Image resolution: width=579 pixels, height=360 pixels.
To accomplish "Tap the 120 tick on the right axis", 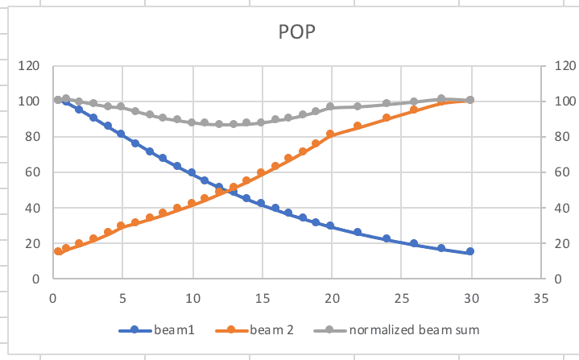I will pos(562,66).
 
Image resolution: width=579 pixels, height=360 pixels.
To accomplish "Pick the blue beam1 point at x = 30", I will pos(470,251).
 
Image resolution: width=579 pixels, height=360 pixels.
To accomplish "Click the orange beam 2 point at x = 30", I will pos(470,100).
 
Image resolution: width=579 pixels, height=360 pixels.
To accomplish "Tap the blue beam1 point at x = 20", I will pos(330,226).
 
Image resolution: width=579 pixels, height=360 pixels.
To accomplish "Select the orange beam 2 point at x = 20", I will pos(330,134).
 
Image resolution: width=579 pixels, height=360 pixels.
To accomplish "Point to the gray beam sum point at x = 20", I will pos(330,106).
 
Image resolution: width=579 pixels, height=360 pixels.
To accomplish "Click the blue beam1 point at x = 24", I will pos(387,238).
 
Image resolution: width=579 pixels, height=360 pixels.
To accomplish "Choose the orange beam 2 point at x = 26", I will pos(414,110).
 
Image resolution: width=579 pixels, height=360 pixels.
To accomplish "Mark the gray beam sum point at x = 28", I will pos(441,98).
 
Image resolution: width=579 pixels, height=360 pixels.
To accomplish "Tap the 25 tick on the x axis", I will pos(400,298).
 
